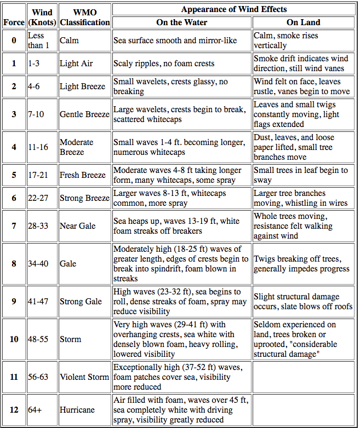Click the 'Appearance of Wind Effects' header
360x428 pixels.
(x=234, y=9)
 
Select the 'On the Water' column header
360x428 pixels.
(x=182, y=22)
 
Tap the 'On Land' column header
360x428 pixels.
(x=303, y=22)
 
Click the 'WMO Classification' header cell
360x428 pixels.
(x=85, y=16)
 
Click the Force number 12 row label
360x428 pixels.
(x=14, y=409)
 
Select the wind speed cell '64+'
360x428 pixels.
(x=36, y=409)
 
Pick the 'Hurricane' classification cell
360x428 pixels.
(x=77, y=409)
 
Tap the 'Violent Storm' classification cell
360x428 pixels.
(x=84, y=377)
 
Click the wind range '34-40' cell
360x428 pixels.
(x=38, y=264)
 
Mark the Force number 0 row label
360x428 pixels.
(x=14, y=41)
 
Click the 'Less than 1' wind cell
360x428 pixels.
(x=38, y=41)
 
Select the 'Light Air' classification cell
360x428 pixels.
(x=76, y=63)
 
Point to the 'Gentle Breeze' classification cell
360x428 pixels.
(x=84, y=114)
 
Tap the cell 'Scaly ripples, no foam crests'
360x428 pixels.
(x=164, y=63)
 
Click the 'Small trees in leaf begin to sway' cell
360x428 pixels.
(x=300, y=175)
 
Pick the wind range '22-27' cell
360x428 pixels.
(x=38, y=198)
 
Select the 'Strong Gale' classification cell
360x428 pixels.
(x=81, y=302)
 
